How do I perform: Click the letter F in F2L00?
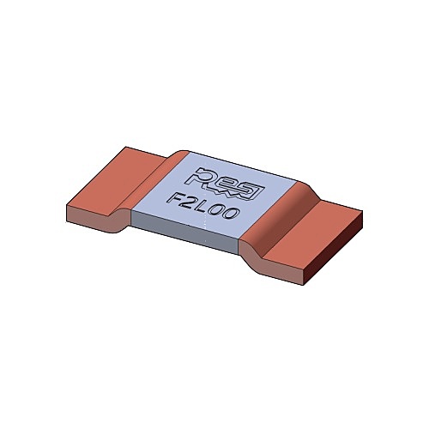175,198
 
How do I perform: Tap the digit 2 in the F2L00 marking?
190,202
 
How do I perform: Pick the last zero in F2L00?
232,214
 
